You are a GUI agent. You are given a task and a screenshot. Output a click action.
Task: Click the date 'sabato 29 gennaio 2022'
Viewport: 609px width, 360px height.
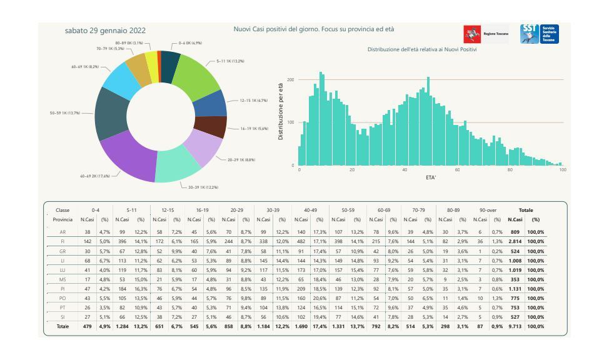point(105,31)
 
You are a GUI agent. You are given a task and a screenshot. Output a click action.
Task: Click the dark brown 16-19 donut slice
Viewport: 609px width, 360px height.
point(210,127)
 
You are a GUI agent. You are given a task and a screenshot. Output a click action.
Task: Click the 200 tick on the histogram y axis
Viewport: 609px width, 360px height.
point(291,80)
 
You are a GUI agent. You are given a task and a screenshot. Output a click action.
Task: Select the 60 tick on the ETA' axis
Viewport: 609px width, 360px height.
point(458,170)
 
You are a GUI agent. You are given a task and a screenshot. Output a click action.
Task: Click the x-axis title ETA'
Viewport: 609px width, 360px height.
point(431,177)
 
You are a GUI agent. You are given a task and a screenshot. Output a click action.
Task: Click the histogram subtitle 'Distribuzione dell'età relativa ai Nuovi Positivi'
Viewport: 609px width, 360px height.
point(422,49)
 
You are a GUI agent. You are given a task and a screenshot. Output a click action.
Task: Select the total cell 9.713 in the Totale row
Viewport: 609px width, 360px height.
point(515,326)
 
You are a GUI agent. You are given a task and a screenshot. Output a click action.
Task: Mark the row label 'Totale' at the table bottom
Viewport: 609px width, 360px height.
point(63,326)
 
